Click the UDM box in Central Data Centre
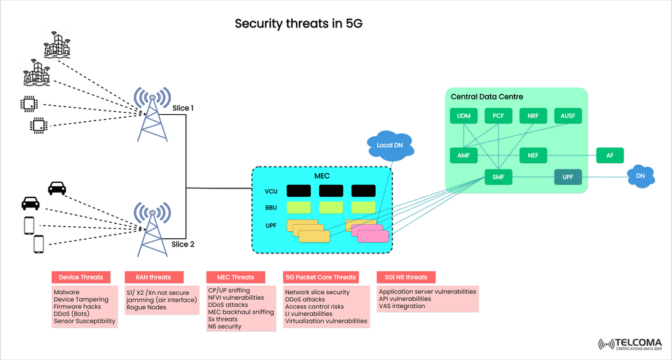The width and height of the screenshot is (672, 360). [x=463, y=116]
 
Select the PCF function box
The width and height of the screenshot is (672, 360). [x=498, y=116]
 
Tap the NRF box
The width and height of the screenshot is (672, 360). [x=533, y=116]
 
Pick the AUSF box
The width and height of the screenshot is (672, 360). [x=568, y=116]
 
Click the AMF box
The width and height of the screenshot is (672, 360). [x=463, y=155]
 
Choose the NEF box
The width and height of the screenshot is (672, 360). [x=533, y=155]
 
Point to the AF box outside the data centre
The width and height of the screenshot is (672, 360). [x=609, y=155]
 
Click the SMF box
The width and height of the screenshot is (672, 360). [x=498, y=177]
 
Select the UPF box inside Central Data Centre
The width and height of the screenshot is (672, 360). [x=568, y=177]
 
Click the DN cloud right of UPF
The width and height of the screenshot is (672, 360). [x=640, y=177]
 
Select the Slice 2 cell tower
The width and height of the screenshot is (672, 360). [x=152, y=230]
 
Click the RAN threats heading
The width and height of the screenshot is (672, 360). [x=153, y=277]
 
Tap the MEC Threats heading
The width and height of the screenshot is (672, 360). [x=236, y=277]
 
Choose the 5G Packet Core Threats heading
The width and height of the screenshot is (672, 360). [x=321, y=277]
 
